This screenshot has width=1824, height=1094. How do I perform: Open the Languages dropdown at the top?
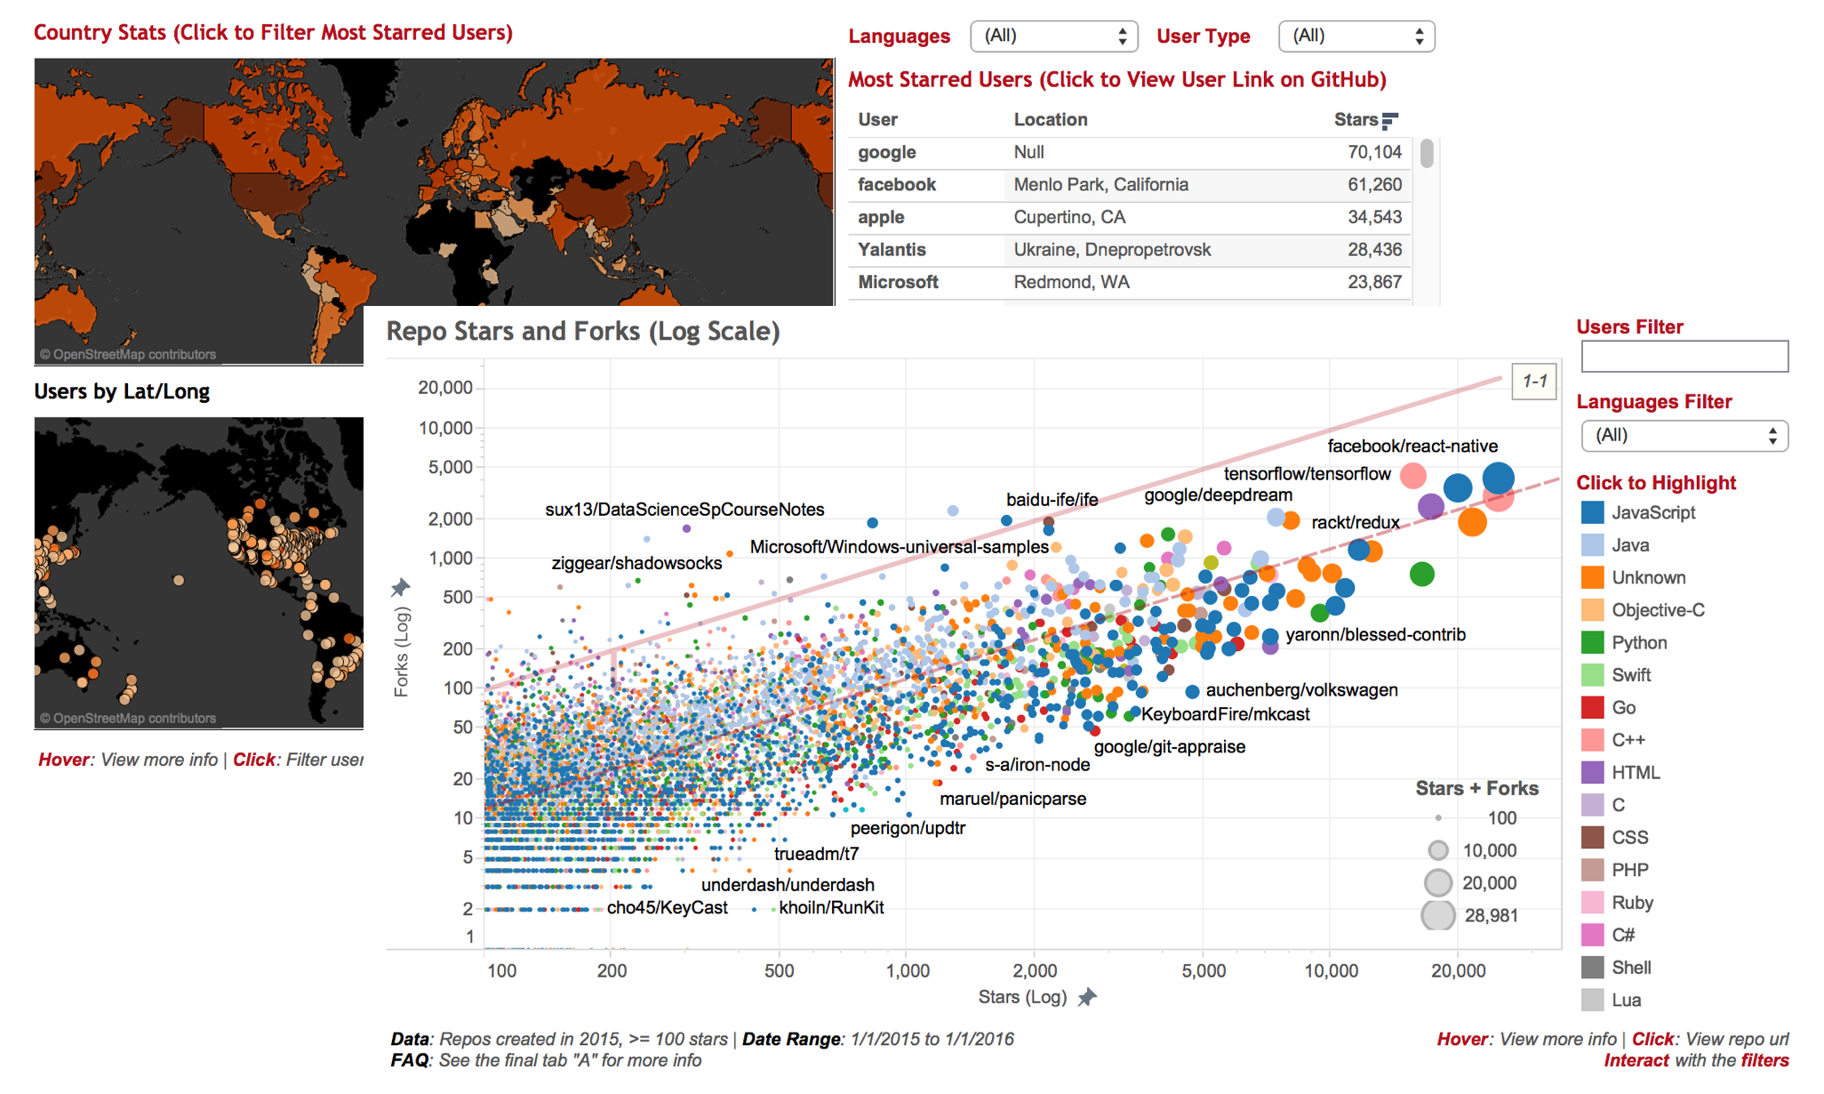pyautogui.click(x=1053, y=36)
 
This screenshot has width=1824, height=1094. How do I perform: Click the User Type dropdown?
pyautogui.click(x=1356, y=36)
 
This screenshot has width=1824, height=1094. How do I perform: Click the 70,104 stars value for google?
pyautogui.click(x=1374, y=152)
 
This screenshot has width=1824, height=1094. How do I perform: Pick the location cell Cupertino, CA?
pyautogui.click(x=1069, y=217)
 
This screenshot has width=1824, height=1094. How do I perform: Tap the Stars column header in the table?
pyautogui.click(x=1356, y=120)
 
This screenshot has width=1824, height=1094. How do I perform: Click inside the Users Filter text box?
pyautogui.click(x=1684, y=357)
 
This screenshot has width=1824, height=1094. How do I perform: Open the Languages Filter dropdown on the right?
pyautogui.click(x=1684, y=436)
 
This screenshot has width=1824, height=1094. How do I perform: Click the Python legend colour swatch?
pyautogui.click(x=1592, y=642)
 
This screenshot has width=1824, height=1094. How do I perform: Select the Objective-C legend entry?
pyautogui.click(x=1657, y=610)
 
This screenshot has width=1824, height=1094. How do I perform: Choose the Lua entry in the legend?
pyautogui.click(x=1626, y=1000)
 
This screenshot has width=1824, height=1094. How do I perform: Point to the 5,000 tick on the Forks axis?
pyautogui.click(x=450, y=467)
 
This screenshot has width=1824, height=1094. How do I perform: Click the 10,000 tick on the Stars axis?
pyautogui.click(x=1331, y=970)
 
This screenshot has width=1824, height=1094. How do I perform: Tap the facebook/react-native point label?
pyautogui.click(x=1412, y=446)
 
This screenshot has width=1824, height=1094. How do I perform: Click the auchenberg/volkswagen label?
pyautogui.click(x=1301, y=690)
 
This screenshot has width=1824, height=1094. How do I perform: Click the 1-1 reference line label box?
pyautogui.click(x=1534, y=382)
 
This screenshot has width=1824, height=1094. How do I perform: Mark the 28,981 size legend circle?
pyautogui.click(x=1437, y=915)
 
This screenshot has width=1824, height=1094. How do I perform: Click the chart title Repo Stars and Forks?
pyautogui.click(x=582, y=332)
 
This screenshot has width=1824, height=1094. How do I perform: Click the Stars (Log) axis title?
pyautogui.click(x=1022, y=997)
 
